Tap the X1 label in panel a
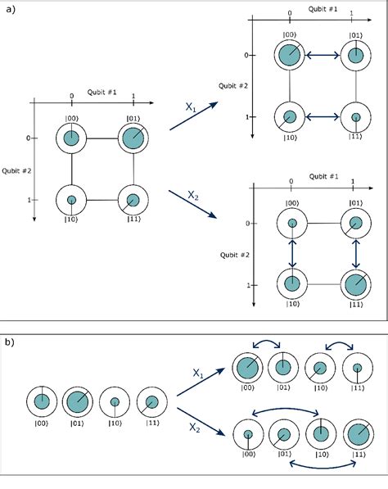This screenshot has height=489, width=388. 190,106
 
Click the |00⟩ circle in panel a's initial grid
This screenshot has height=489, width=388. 72,138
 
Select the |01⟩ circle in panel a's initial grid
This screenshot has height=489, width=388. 134,138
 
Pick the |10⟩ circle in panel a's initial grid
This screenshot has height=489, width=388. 72,200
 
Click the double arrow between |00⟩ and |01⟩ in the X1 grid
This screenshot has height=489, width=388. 322,56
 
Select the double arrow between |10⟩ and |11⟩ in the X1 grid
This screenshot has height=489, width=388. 322,117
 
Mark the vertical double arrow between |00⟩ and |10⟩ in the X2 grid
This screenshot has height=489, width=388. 291,253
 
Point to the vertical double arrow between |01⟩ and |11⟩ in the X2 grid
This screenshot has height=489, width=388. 354,253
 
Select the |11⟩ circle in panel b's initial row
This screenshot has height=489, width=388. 151,401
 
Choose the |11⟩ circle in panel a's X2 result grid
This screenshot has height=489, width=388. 354,285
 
